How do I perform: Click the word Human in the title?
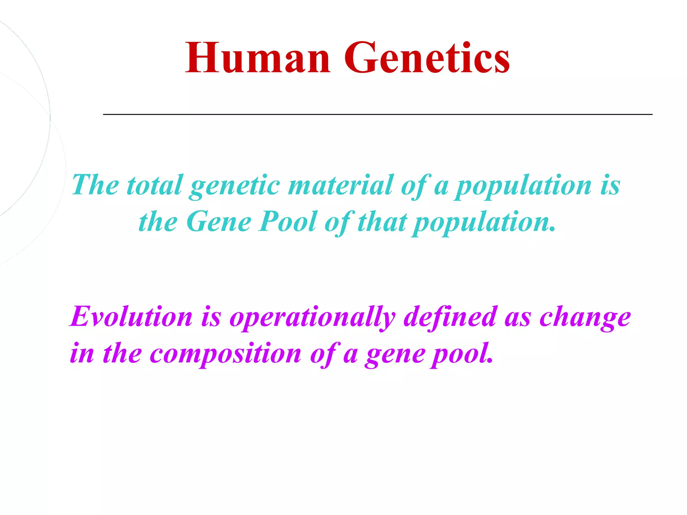tap(258, 58)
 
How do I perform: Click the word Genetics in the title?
tap(427, 58)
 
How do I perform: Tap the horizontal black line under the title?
tap(378, 114)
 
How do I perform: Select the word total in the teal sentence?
tap(154, 185)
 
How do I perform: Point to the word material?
tap(340, 185)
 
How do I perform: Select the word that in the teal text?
tap(382, 222)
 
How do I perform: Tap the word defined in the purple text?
tap(450, 317)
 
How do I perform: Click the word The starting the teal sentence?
tap(96, 185)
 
